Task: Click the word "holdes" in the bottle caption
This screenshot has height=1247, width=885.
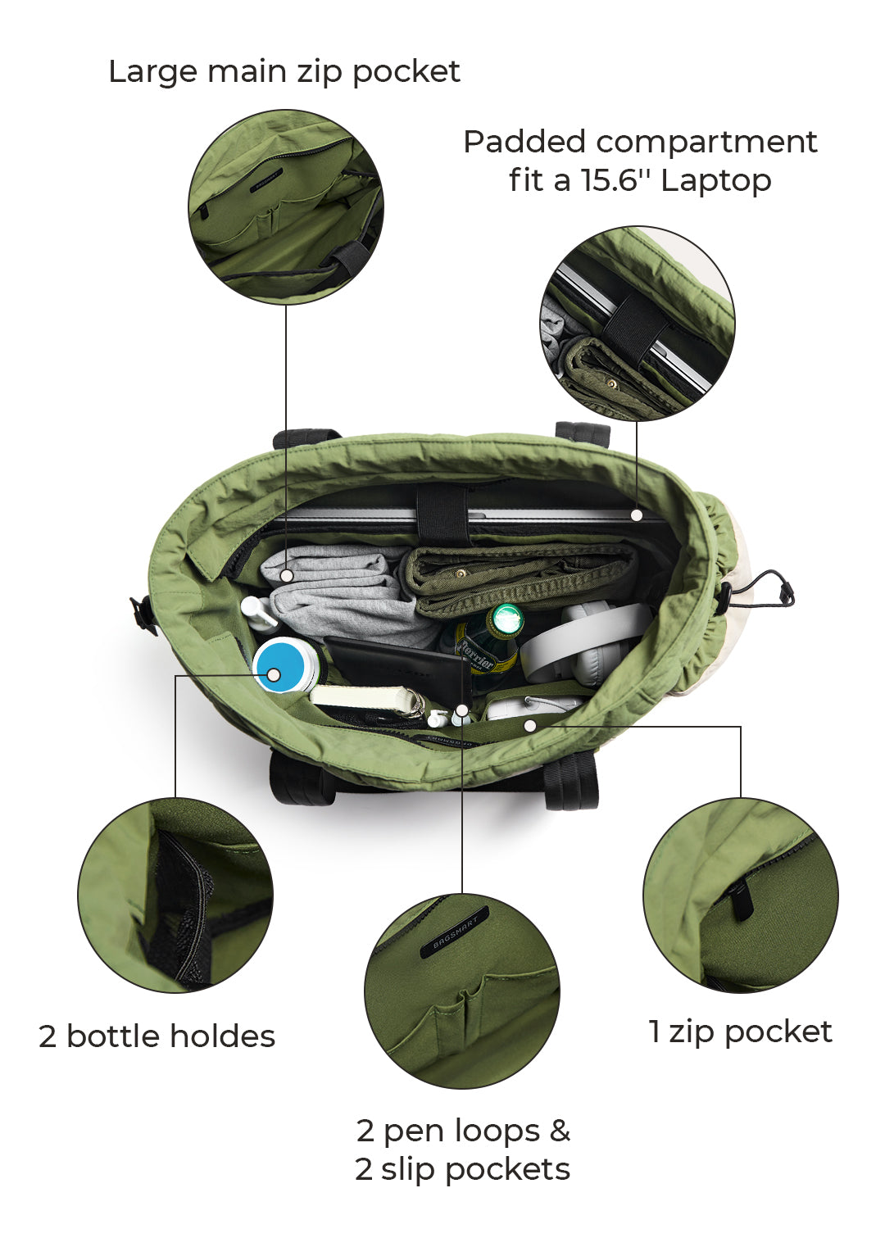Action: tap(222, 1036)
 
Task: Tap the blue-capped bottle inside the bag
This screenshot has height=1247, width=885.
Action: tap(286, 664)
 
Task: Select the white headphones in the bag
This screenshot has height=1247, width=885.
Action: tap(585, 646)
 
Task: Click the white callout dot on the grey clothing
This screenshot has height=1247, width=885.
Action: tap(286, 575)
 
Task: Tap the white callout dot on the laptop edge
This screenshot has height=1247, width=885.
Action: tap(638, 515)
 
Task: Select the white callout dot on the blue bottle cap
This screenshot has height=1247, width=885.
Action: tap(273, 675)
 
